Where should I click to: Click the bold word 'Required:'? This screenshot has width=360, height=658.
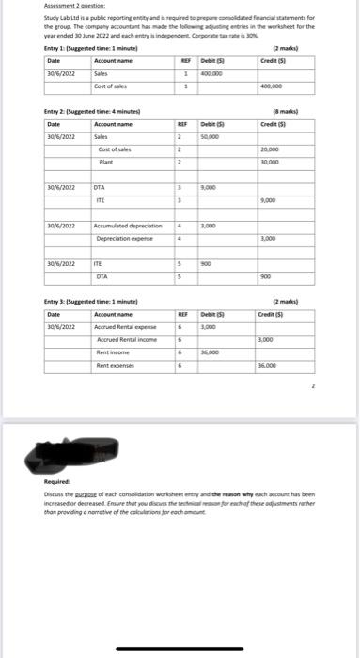[x=58, y=481]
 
